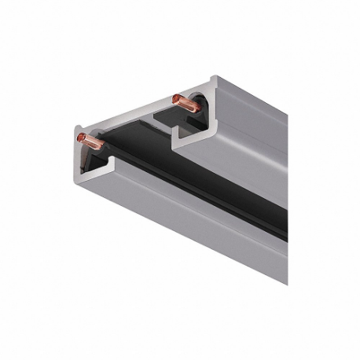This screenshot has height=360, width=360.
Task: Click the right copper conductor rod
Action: tap(186, 100)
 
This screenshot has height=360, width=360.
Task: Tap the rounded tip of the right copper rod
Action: tap(174, 97)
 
